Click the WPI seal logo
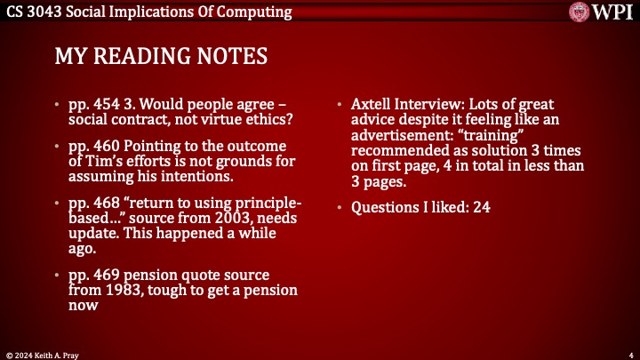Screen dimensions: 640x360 (x=580, y=12)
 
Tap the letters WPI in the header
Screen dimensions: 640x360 (x=612, y=12)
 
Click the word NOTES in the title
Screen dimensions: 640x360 (x=232, y=56)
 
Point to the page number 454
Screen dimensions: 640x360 (x=107, y=104)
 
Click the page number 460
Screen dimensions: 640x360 (x=107, y=146)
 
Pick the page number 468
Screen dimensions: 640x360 (x=107, y=203)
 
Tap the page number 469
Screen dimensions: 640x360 (x=107, y=275)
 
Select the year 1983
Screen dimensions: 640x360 (x=124, y=290)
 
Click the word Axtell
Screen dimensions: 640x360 (x=370, y=104)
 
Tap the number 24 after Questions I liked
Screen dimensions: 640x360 (x=482, y=207)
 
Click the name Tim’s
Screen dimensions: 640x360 (x=103, y=161)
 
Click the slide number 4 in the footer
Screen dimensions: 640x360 (x=631, y=356)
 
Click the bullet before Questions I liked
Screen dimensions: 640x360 (x=340, y=207)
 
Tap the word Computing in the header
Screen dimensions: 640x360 (x=254, y=12)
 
